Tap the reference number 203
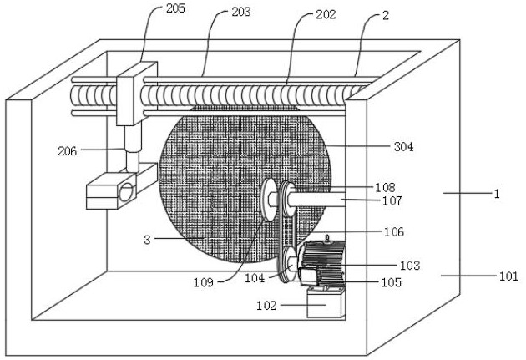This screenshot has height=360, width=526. click(x=240, y=12)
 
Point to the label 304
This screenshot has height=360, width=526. click(x=404, y=146)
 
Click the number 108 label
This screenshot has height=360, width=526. click(x=385, y=187)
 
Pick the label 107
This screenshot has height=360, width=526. click(x=392, y=200)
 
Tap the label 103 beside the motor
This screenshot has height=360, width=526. click(x=410, y=265)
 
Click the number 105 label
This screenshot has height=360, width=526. click(x=391, y=282)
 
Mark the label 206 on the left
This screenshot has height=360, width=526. click(x=68, y=151)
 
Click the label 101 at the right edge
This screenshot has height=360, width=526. click(x=508, y=276)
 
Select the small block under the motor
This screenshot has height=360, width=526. click(x=326, y=302)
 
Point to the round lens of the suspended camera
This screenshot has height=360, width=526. click(x=127, y=192)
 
